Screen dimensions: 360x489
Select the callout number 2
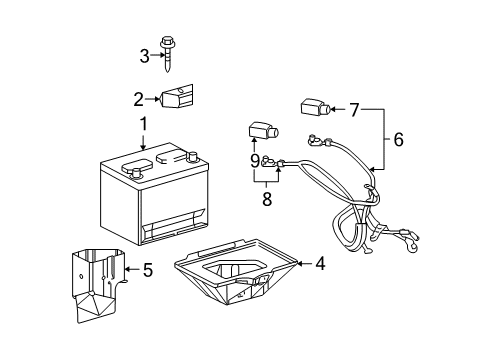[x=139, y=98]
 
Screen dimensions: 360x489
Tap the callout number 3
[x=144, y=55]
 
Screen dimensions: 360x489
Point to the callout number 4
[x=320, y=264]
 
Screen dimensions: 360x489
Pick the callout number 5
[x=148, y=268]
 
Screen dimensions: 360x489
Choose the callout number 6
[x=398, y=140]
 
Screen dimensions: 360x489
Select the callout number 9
[x=255, y=160]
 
